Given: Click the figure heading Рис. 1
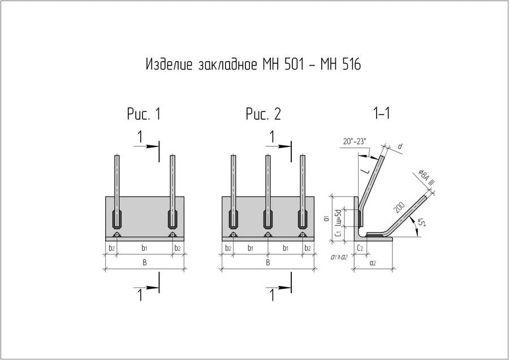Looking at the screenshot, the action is (x=144, y=114).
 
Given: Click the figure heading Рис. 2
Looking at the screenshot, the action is (x=263, y=114).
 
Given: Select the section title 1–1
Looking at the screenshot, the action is (x=382, y=113).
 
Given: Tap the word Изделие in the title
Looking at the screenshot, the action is (x=170, y=64).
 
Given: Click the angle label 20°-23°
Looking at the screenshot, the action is (x=355, y=142).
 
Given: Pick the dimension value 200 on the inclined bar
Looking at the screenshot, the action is (x=399, y=207).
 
